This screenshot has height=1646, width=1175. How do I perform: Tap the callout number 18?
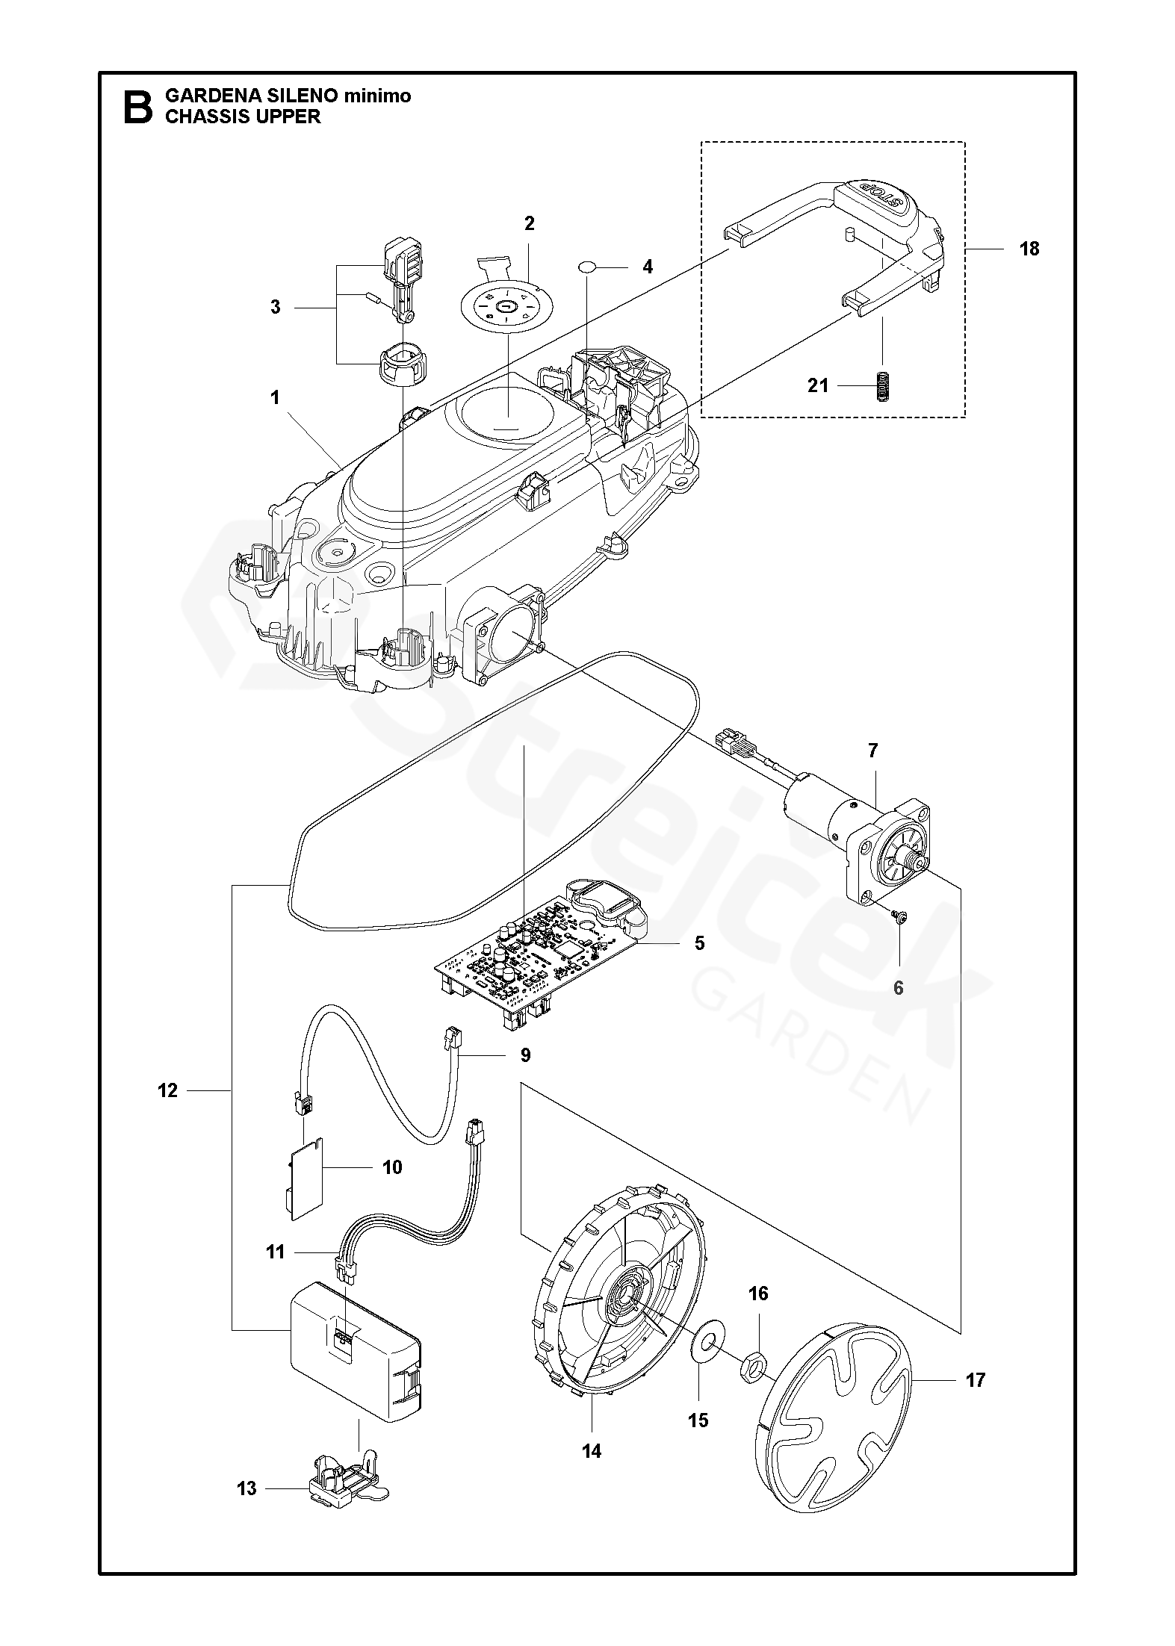point(1029,249)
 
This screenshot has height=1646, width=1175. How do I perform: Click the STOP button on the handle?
point(878,198)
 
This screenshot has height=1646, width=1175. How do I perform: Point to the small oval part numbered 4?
point(589,266)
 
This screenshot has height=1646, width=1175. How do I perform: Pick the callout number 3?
point(276,307)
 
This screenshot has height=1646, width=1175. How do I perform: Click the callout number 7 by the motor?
point(873,751)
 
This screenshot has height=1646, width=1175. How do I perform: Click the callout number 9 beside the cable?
point(525,1055)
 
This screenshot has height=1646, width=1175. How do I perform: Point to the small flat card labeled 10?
point(306,1184)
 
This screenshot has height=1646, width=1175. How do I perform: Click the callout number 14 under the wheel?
point(592,1451)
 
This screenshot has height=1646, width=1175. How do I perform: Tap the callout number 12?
point(168,1091)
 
